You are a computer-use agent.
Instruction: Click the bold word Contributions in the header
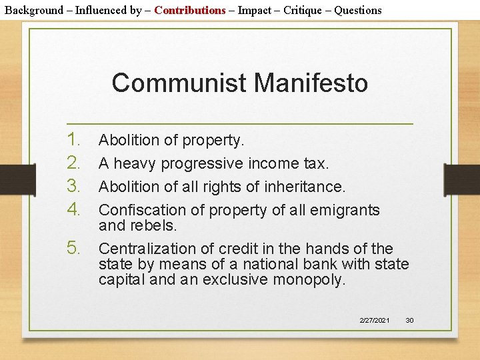(190, 10)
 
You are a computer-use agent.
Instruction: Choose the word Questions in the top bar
(358, 10)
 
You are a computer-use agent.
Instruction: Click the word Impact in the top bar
(256, 10)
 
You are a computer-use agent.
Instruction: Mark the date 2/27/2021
(375, 321)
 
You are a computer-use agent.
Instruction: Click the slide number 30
(409, 321)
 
